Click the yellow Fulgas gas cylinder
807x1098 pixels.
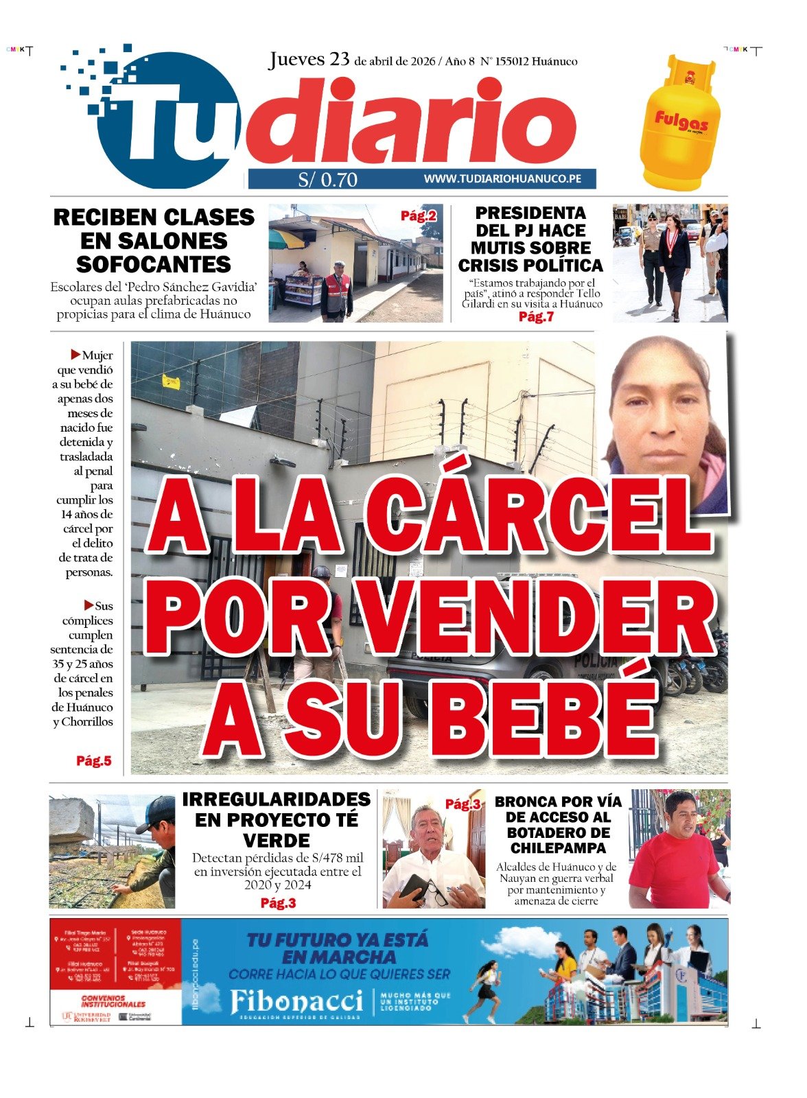tap(680, 127)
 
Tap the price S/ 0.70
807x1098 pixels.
tap(327, 180)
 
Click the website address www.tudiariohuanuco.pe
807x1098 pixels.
tap(502, 178)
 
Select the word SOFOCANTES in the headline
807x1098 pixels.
tap(154, 264)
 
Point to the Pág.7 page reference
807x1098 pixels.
tap(535, 316)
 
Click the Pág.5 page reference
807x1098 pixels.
tap(93, 760)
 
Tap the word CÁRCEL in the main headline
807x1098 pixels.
tap(537, 511)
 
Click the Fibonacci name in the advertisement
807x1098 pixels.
tap(296, 1001)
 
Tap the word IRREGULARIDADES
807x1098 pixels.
tap(276, 799)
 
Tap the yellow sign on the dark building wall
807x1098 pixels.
tap(171, 382)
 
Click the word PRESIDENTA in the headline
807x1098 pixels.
tap(530, 213)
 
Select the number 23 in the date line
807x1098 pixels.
tap(340, 60)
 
